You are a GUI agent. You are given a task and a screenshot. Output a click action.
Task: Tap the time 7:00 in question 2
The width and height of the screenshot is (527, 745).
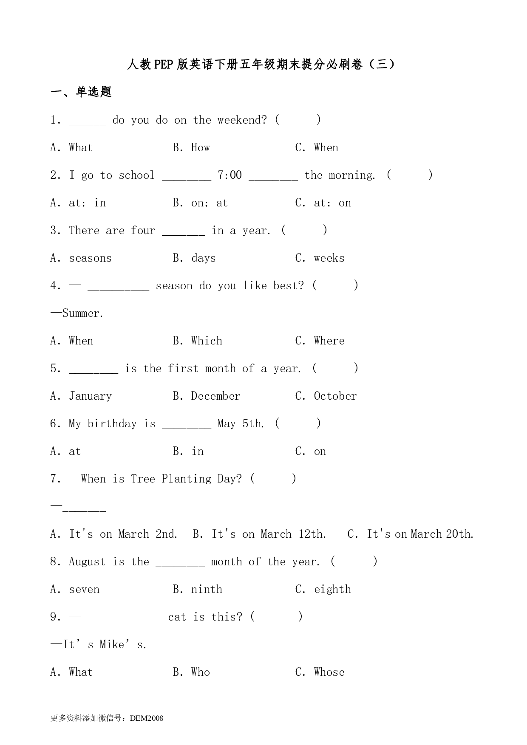229,175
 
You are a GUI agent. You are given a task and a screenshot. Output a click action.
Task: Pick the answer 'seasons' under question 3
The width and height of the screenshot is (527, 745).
90,258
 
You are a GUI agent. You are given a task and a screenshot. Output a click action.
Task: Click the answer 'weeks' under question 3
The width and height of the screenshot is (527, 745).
329,258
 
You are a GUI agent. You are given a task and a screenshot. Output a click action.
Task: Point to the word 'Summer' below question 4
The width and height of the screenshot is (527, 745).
82,313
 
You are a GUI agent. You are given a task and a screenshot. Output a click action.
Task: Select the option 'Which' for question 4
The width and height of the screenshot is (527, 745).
207,341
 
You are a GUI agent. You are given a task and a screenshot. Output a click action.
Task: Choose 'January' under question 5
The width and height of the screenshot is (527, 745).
90,396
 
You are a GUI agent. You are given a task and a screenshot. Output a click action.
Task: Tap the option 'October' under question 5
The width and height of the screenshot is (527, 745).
335,396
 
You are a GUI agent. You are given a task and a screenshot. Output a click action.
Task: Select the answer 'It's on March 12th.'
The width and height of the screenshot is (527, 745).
269,534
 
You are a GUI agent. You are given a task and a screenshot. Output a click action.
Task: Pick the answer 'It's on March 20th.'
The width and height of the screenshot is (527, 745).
420,534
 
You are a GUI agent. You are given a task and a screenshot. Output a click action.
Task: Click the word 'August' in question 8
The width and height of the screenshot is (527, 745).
87,562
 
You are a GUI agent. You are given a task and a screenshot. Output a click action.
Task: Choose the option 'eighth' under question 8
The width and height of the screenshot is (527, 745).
332,590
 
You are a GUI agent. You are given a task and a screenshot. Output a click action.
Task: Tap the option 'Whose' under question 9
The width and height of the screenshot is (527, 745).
329,672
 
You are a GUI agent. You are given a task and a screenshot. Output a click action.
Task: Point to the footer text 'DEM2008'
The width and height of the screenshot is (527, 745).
147,718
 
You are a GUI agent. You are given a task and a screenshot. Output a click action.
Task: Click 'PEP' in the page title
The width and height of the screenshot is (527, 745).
163,65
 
